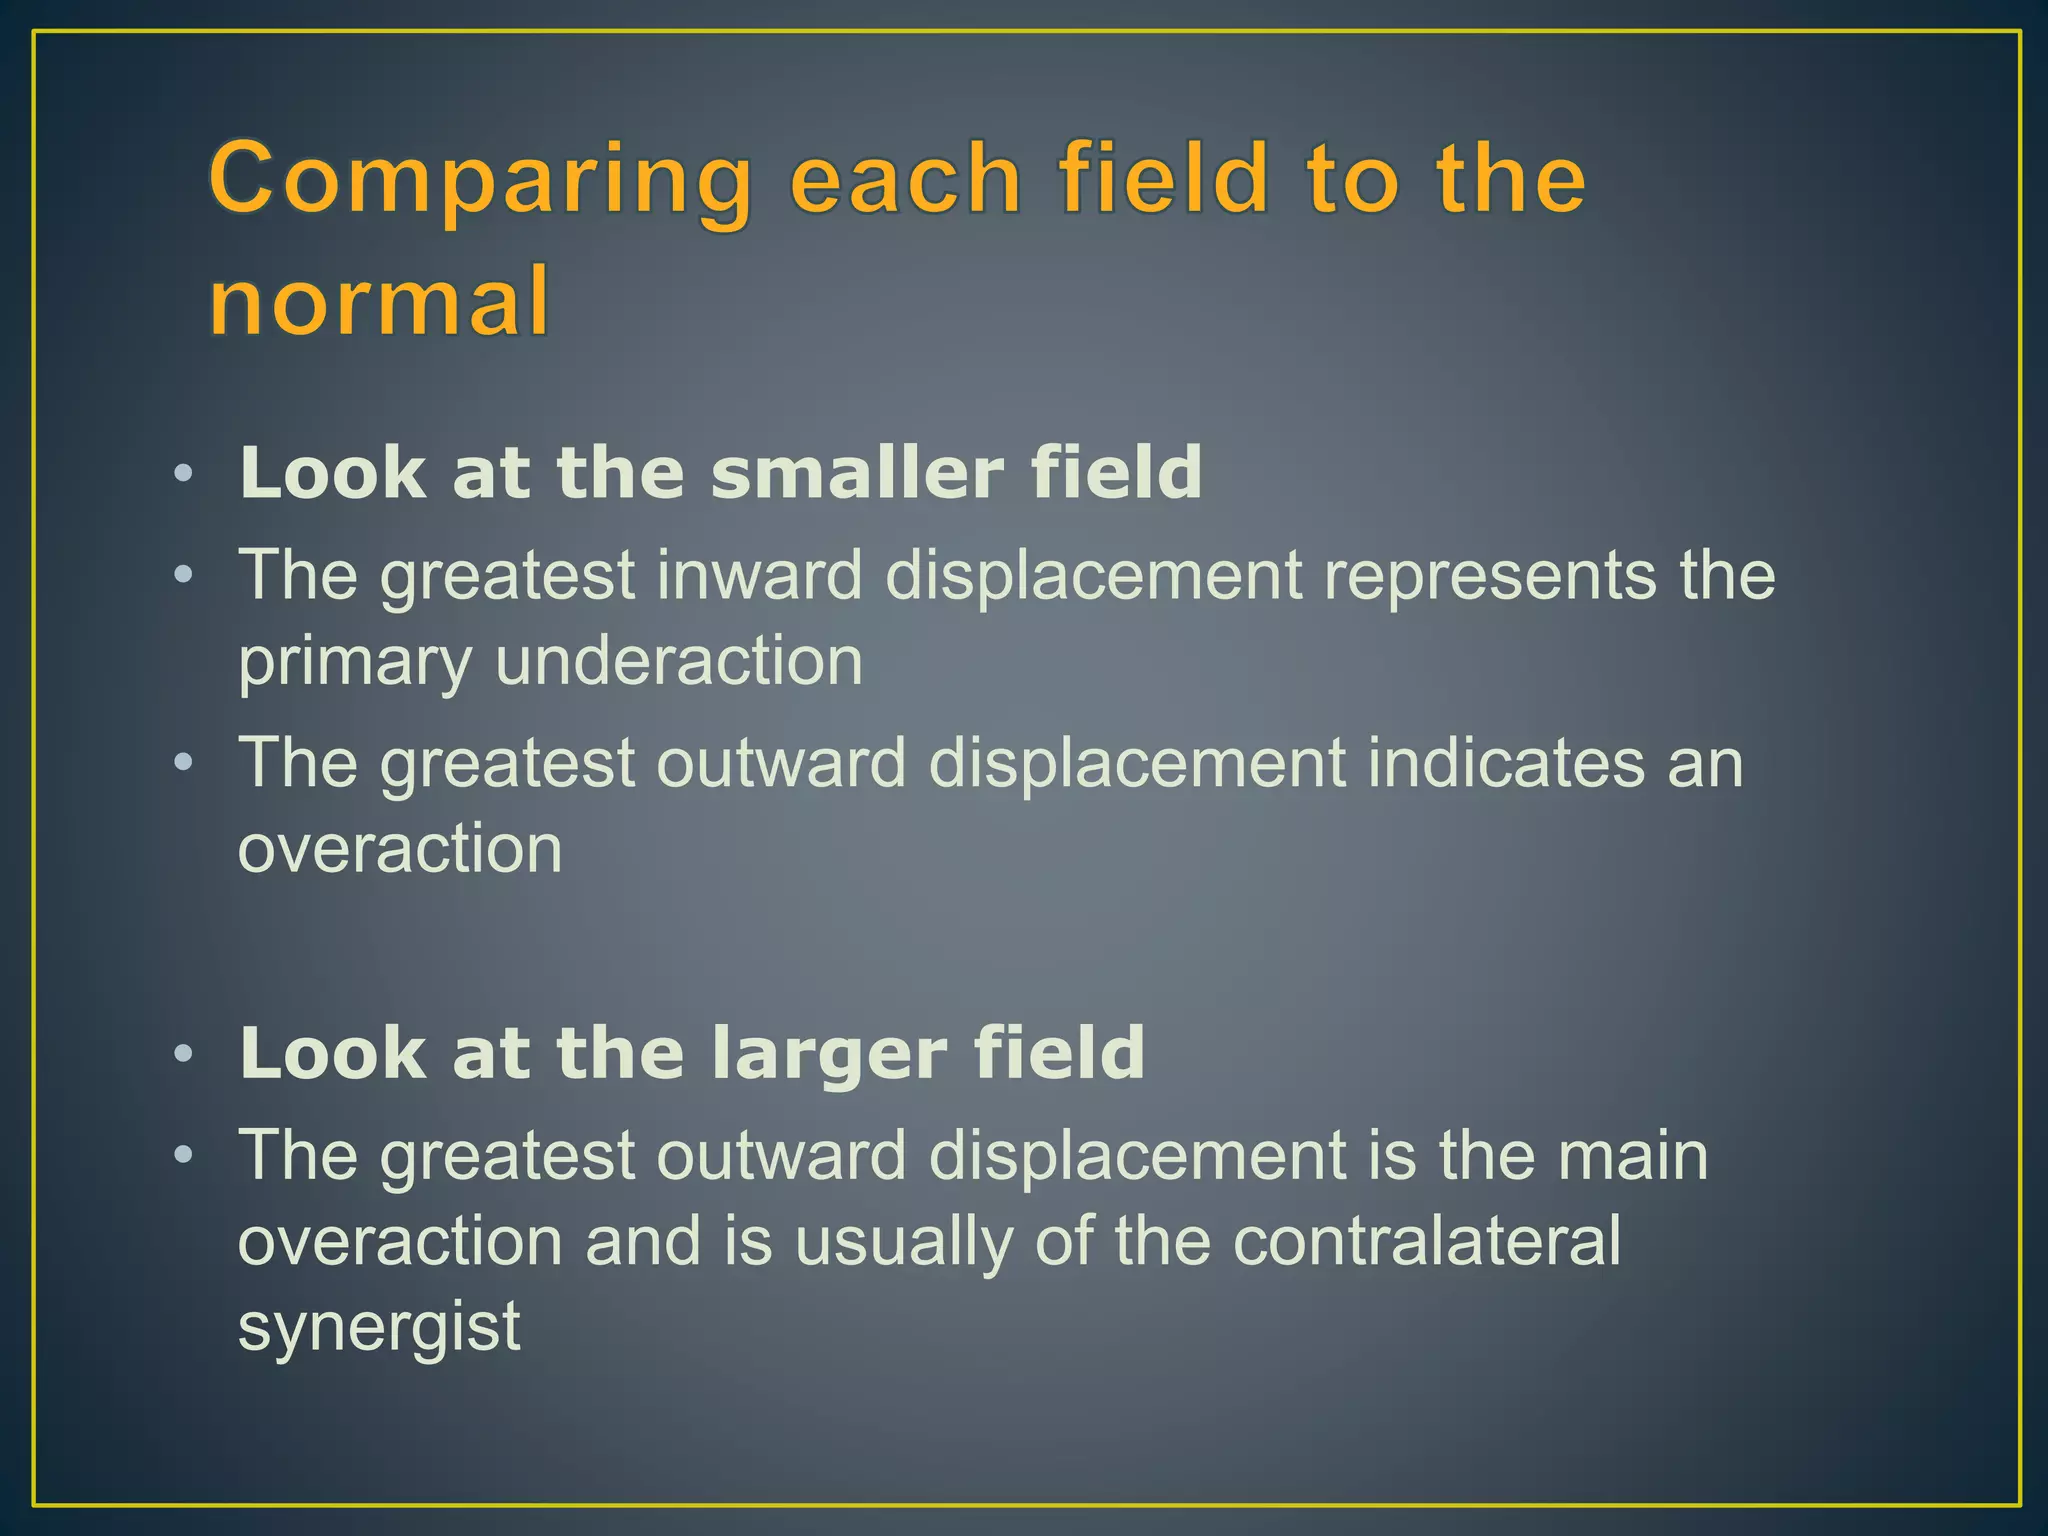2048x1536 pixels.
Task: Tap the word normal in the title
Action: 379,301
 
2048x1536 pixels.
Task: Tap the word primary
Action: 353,664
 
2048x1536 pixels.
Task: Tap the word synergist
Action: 379,1329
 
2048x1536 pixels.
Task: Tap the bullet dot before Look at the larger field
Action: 182,1054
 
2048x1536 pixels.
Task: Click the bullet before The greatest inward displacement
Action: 182,575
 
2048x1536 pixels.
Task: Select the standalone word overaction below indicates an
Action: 400,849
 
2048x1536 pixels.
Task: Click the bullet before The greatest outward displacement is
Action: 182,1156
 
